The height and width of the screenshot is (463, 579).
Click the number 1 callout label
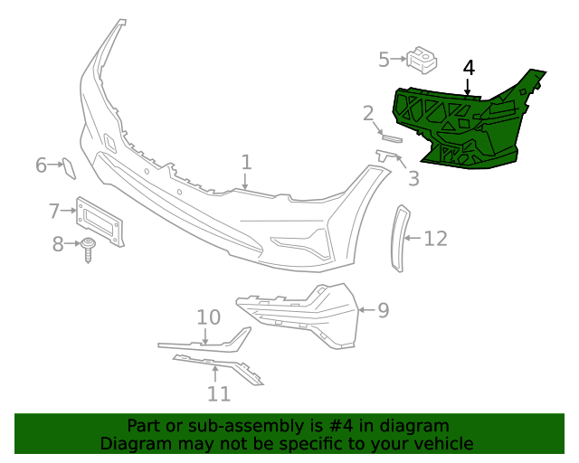(246, 163)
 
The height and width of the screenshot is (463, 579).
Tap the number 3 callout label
(413, 178)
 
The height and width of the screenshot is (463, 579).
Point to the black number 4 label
(469, 68)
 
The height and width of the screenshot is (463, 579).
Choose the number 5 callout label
(384, 60)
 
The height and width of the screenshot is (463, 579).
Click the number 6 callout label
(42, 165)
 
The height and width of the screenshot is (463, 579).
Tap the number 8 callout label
(58, 243)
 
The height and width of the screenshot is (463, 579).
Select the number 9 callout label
(383, 310)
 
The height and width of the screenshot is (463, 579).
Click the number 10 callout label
(209, 317)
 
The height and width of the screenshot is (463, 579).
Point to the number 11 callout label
(218, 393)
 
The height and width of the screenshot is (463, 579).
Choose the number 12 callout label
(435, 239)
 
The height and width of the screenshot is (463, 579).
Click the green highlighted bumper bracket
(461, 122)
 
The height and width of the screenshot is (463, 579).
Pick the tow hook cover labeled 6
(68, 166)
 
